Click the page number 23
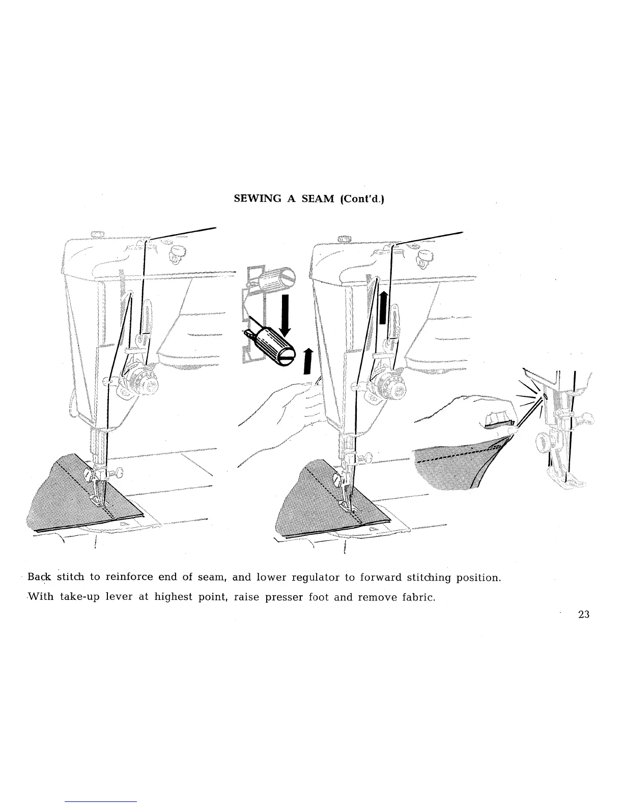[x=584, y=614]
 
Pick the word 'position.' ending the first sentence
[x=479, y=578]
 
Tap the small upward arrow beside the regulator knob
[x=307, y=361]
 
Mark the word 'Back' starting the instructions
[x=37, y=578]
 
